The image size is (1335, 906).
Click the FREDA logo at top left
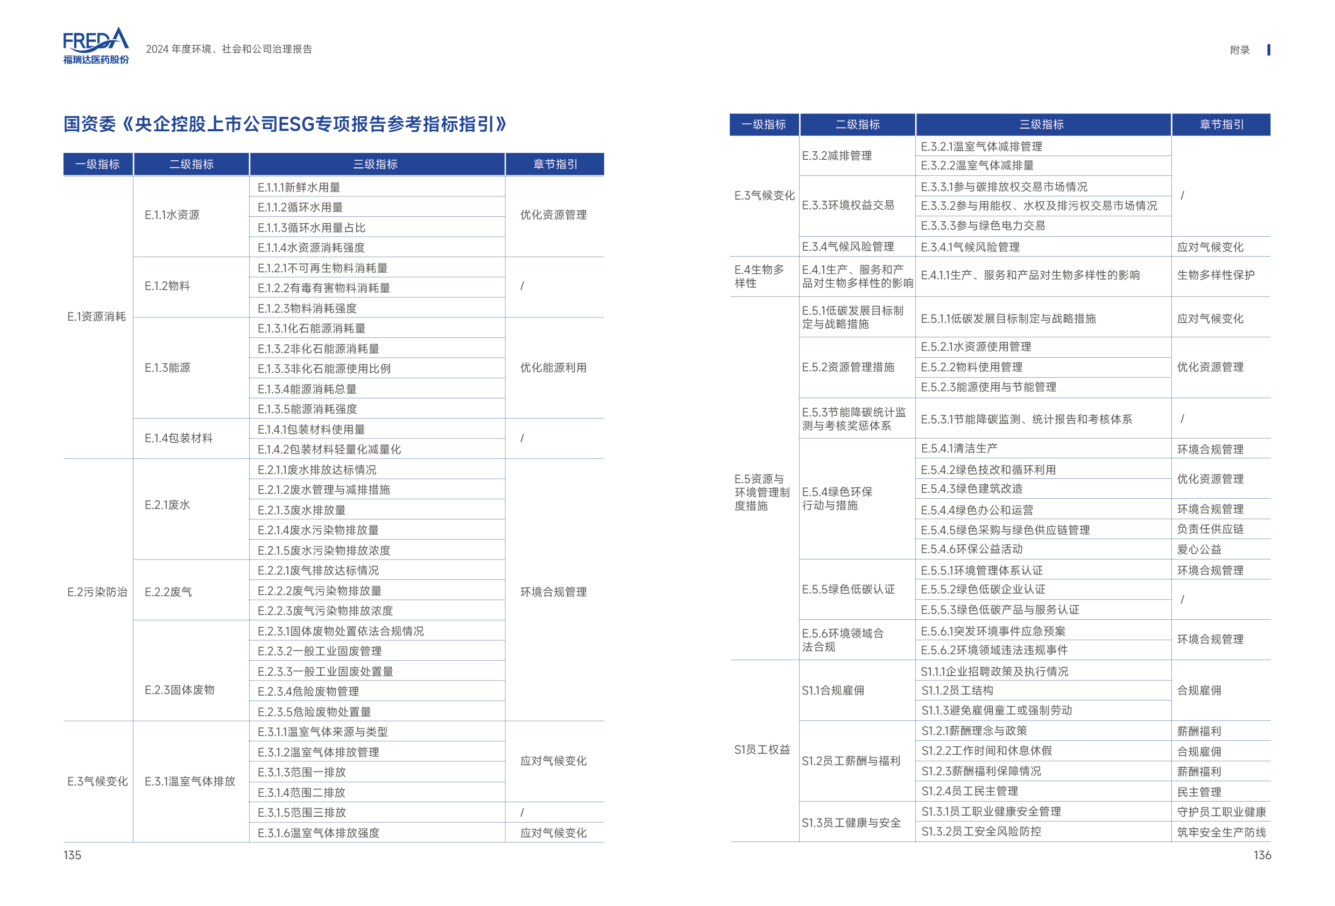tap(96, 45)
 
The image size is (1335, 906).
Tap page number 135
tap(73, 855)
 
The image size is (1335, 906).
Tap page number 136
tap(1262, 855)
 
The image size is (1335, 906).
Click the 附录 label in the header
tap(1240, 50)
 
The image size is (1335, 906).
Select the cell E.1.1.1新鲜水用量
tap(299, 187)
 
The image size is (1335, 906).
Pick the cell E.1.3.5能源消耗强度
tap(307, 409)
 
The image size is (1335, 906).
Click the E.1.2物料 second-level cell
tap(167, 286)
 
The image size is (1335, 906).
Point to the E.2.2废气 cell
tap(168, 592)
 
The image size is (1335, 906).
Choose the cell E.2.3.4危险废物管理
tap(308, 691)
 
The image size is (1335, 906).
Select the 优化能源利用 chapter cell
tap(553, 367)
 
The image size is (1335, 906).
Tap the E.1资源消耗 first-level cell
tap(96, 316)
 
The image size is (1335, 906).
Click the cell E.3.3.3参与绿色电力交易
tap(983, 226)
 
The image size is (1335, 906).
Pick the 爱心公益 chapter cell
tap(1199, 549)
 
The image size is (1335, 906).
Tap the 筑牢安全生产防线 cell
tap(1221, 832)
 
